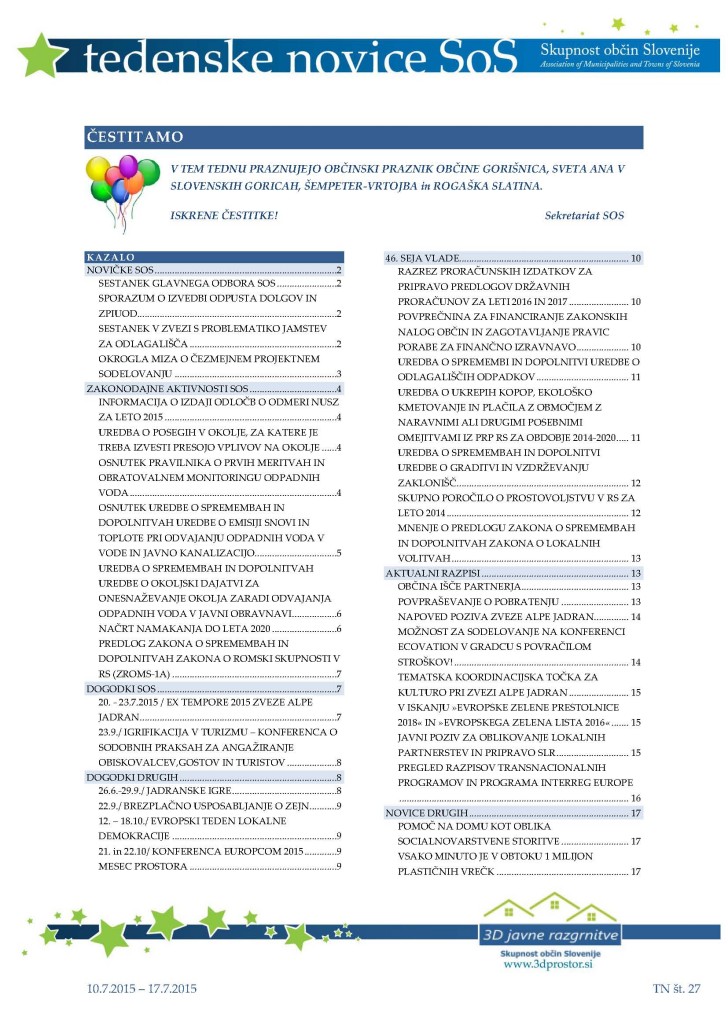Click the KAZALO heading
point(111,257)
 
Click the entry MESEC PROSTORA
point(143,865)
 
